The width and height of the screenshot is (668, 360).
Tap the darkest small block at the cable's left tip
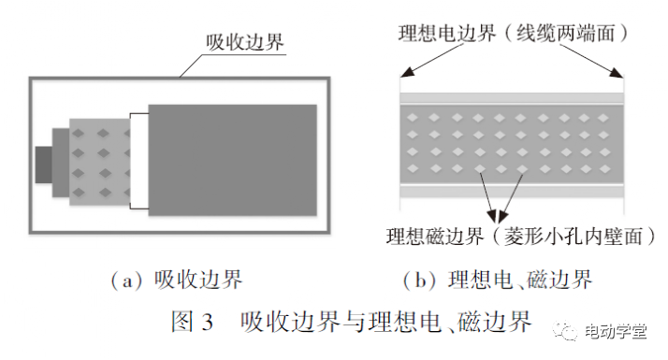coord(44,166)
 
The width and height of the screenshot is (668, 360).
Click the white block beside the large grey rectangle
coord(138,160)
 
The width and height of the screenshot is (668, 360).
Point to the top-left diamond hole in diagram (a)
coord(80,136)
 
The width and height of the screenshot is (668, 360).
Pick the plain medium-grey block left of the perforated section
coord(60,165)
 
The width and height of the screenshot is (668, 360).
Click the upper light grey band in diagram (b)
coord(512,96)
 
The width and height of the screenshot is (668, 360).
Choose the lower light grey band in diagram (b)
coord(512,190)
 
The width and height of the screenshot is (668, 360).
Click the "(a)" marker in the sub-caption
coord(123,279)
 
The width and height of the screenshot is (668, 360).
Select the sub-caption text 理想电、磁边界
coord(520,279)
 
